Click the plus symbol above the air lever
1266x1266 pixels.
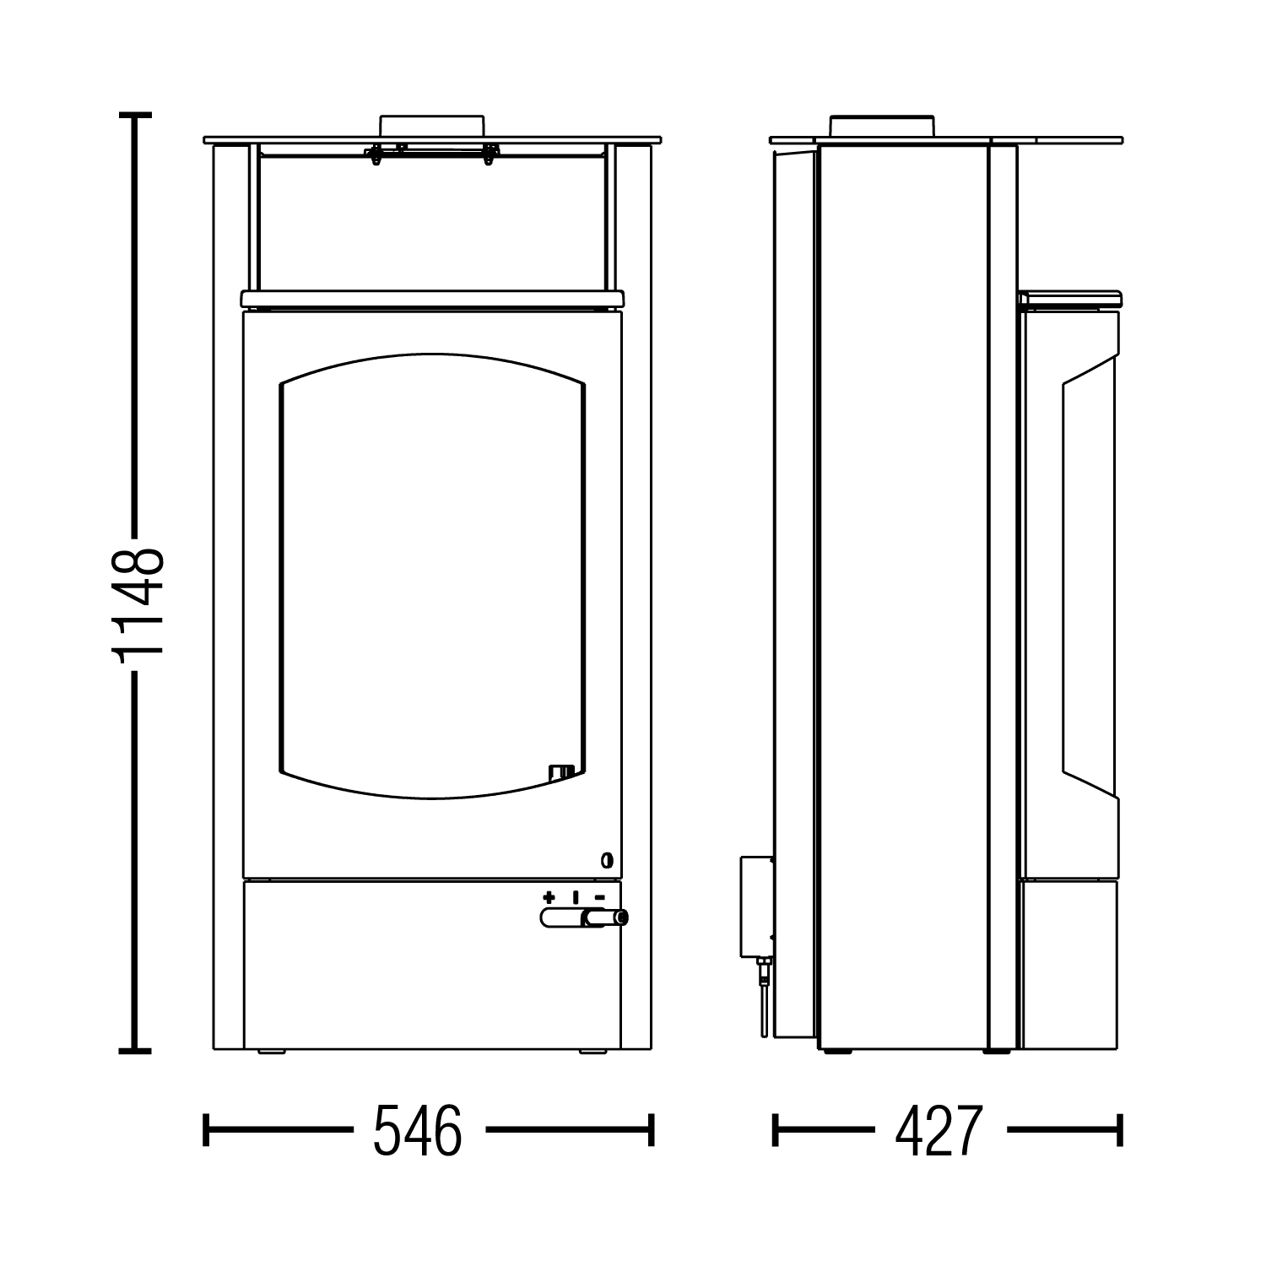(x=549, y=896)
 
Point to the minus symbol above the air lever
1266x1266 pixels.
(x=599, y=897)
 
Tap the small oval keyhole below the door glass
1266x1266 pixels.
(x=606, y=861)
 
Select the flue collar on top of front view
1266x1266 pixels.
(x=431, y=124)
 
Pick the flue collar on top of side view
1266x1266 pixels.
(x=882, y=125)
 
